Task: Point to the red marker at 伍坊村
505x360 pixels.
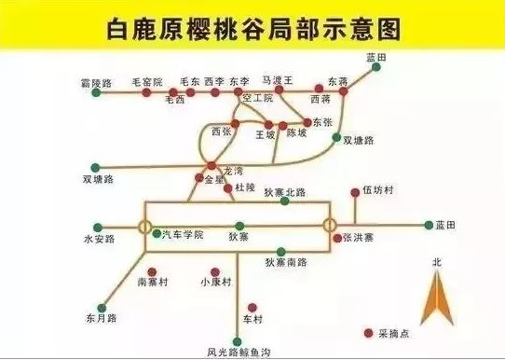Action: [355, 193]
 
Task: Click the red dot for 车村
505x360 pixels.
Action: [252, 305]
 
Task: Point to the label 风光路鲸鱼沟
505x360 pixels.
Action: [238, 352]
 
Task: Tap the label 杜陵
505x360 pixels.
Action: [245, 187]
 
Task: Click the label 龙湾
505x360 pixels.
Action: [233, 171]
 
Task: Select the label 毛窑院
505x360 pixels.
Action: [147, 82]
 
